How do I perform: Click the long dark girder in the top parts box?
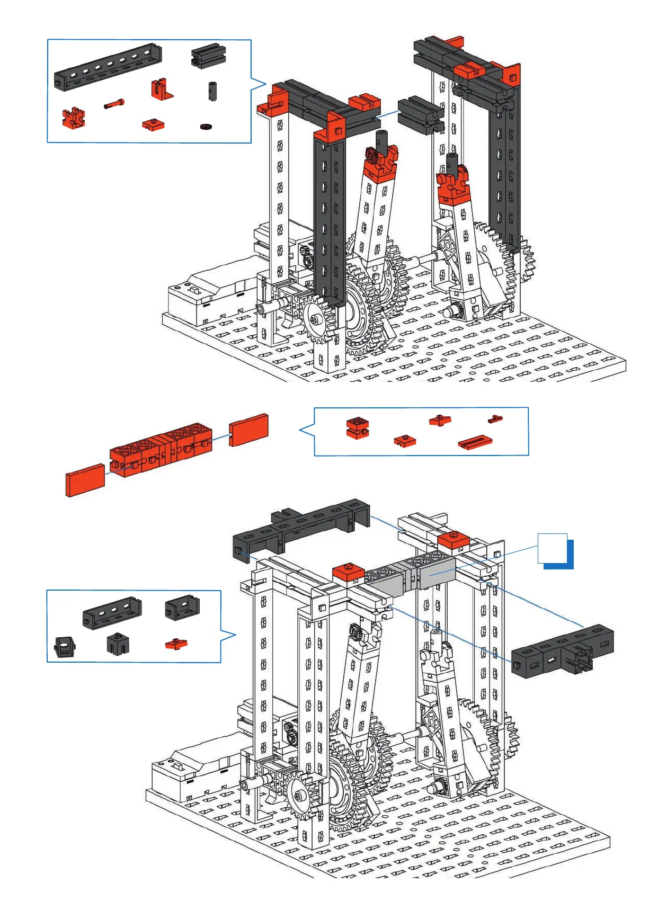pyautogui.click(x=108, y=67)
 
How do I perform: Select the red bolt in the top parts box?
pyautogui.click(x=114, y=104)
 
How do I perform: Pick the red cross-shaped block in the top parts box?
pyautogui.click(x=74, y=118)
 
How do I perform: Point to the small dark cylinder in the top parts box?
pyautogui.click(x=212, y=91)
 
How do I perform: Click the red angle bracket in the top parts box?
pyautogui.click(x=161, y=90)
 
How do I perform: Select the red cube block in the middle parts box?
pyautogui.click(x=357, y=428)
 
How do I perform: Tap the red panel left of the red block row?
pyautogui.click(x=85, y=480)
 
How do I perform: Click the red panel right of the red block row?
pyautogui.click(x=248, y=430)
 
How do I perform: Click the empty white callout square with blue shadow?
pyautogui.click(x=553, y=548)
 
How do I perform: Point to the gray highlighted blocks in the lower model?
pyautogui.click(x=411, y=575)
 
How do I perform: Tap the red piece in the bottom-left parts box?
pyautogui.click(x=176, y=644)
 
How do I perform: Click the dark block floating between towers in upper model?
pyautogui.click(x=420, y=115)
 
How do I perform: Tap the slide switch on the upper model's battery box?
pyautogui.click(x=194, y=290)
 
